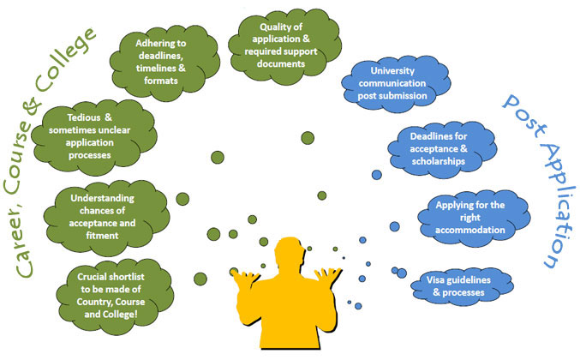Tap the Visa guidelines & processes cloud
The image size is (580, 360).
[455, 286]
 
